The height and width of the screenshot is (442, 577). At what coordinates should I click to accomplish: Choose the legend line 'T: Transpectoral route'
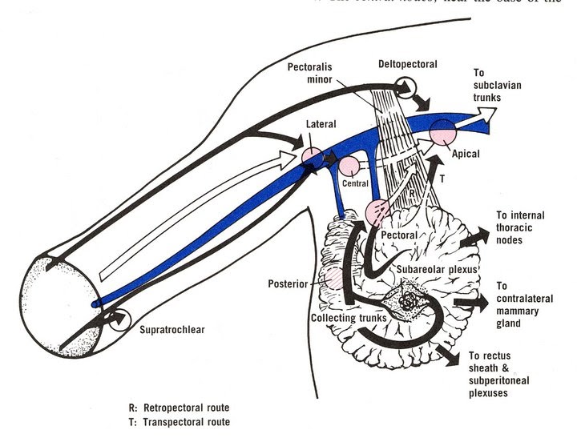[x=184, y=421]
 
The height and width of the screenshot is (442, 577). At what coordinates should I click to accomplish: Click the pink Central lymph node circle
[x=349, y=167]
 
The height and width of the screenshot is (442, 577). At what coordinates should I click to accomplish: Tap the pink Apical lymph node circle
[x=442, y=132]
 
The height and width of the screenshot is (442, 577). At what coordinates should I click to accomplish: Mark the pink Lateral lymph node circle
[x=312, y=157]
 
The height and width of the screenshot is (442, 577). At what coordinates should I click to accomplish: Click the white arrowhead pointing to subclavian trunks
[x=486, y=114]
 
